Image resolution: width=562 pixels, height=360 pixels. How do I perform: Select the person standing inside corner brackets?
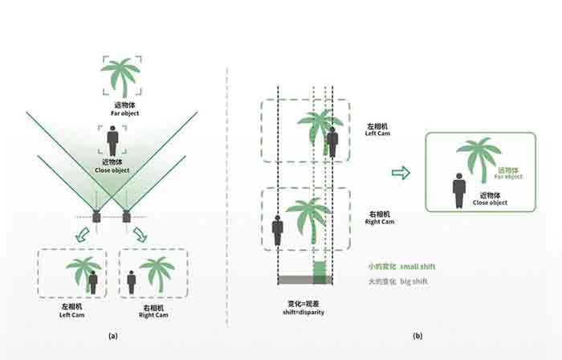tap(112, 141)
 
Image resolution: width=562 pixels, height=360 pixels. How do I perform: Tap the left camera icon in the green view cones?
tap(96, 217)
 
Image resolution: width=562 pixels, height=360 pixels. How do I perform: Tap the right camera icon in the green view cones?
tap(127, 216)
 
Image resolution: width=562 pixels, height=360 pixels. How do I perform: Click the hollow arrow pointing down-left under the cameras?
tap(83, 235)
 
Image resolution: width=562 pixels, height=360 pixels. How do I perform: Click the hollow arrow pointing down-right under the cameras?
tap(140, 235)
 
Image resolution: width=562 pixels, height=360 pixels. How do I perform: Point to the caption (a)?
tap(113, 336)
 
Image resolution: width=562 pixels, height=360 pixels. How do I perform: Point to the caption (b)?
tap(417, 336)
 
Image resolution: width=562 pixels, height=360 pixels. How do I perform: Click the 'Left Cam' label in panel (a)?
tap(71, 315)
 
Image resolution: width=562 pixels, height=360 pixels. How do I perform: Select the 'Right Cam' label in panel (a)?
tap(153, 315)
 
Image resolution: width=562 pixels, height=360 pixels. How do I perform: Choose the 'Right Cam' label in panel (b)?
tap(380, 222)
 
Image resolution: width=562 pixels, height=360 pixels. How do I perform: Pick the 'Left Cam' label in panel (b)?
tap(377, 133)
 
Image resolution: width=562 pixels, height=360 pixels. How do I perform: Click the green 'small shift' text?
tap(417, 267)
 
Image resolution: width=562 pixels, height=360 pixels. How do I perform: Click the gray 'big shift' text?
tap(414, 281)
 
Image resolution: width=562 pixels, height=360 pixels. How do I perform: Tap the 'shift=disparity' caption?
tap(303, 312)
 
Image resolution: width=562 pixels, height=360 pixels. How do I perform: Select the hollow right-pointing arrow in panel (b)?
tap(401, 173)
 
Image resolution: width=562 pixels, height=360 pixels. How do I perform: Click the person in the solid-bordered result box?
tap(459, 190)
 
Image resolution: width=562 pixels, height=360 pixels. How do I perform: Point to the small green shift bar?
tap(320, 272)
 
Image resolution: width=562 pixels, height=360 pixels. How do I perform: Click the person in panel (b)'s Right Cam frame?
tap(278, 230)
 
